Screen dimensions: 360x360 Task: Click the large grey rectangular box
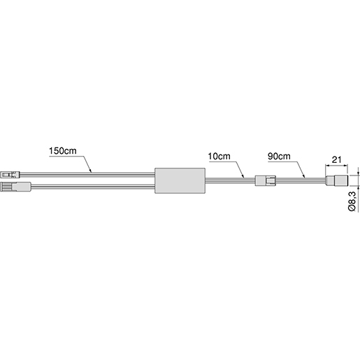point(179,180)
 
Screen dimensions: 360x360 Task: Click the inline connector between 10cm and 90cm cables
point(265,180)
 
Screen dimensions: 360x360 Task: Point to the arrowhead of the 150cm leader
point(91,171)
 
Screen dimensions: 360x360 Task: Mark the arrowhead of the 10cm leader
point(245,178)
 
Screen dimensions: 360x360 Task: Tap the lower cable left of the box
point(91,187)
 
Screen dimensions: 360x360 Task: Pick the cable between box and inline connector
point(231,180)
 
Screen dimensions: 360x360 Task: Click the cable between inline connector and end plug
point(301,180)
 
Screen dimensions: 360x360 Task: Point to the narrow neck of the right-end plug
point(328,180)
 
